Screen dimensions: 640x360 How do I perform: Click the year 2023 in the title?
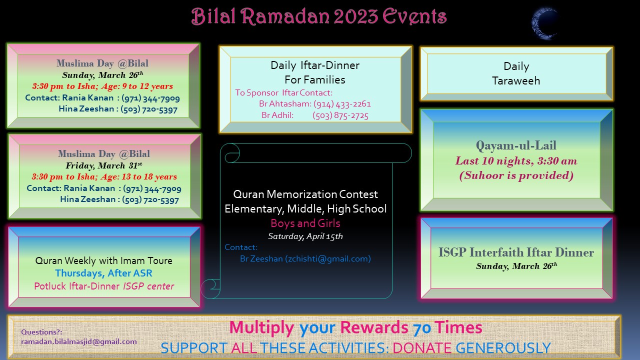point(356,16)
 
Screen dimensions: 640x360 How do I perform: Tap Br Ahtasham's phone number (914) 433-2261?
point(342,103)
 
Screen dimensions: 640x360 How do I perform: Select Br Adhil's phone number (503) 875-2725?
point(340,115)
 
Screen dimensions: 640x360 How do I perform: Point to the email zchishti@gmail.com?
point(328,258)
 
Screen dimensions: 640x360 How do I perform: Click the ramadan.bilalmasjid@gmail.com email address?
point(79,341)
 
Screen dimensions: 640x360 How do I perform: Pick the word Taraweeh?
point(516,81)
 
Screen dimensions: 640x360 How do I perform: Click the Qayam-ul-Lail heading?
point(516,145)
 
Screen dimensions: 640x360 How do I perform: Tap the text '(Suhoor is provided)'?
point(516,175)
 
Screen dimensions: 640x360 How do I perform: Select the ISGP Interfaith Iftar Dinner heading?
point(516,252)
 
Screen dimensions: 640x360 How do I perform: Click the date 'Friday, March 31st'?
point(104,165)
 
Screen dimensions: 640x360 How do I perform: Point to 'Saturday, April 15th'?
point(305,236)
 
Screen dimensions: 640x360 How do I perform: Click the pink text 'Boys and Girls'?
point(305,223)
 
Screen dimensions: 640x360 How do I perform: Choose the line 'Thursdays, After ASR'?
point(103,273)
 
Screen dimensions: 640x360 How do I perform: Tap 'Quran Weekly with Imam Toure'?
point(103,260)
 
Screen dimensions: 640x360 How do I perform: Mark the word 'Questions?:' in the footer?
point(41,332)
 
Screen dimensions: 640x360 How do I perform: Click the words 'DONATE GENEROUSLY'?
point(471,348)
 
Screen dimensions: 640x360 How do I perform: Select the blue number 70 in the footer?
point(421,328)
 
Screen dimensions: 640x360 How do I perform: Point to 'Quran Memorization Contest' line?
point(305,194)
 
